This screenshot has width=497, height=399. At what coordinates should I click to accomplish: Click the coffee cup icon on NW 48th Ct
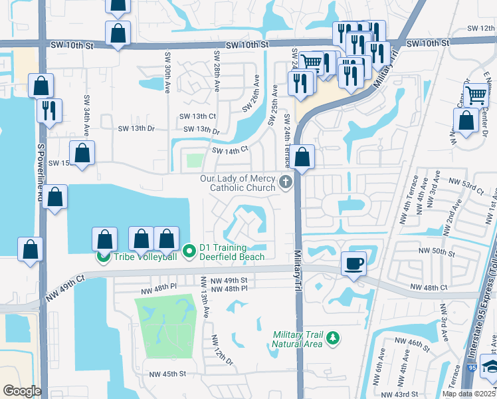click(x=353, y=263)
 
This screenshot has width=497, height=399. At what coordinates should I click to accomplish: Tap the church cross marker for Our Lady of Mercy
click(x=286, y=182)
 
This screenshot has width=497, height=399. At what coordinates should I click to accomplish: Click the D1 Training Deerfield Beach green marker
click(x=189, y=251)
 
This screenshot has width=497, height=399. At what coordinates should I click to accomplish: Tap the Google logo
click(x=22, y=391)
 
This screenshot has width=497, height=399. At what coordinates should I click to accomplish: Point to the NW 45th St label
click(x=165, y=374)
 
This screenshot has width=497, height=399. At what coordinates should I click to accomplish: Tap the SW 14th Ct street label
click(x=229, y=150)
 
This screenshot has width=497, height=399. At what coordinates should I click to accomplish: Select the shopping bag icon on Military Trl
click(x=302, y=157)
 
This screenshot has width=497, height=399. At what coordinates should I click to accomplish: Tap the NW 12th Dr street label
click(x=223, y=350)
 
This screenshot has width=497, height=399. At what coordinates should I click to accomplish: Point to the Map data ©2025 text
click(x=469, y=394)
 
